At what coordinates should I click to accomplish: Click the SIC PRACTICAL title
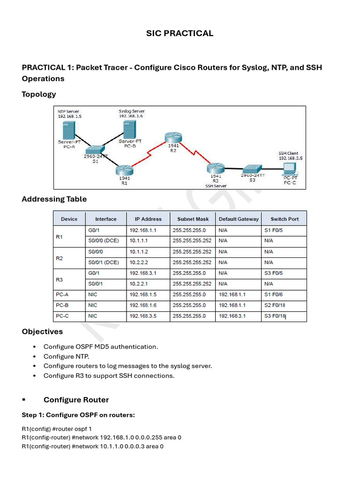pos(180,33)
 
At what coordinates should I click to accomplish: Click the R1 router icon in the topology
pos(125,170)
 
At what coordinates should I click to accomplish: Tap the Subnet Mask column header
pos(192,219)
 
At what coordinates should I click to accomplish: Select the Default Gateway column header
pos(239,219)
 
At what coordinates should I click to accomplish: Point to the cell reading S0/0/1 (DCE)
pos(104,262)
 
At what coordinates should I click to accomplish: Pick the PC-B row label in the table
pos(62,305)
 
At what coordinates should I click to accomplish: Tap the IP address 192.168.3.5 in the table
pos(143,316)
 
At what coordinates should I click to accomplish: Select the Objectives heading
pos(42,332)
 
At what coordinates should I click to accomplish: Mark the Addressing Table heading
pos(54,199)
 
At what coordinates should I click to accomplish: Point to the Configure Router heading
pos(76,400)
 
